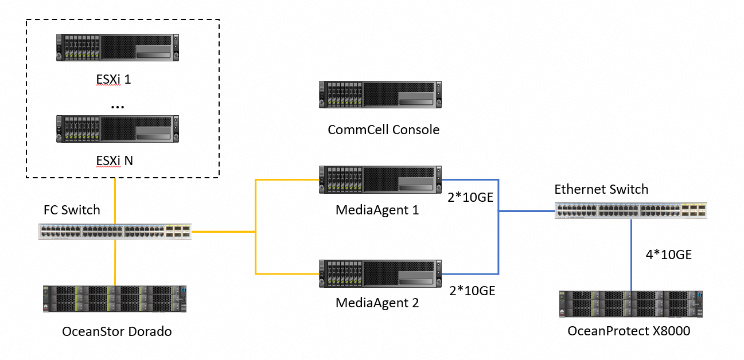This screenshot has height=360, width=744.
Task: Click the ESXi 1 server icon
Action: click(x=118, y=48)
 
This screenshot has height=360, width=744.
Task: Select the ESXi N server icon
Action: click(x=118, y=129)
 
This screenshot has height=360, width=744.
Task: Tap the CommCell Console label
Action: click(x=383, y=130)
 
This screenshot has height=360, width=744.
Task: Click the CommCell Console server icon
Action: click(x=380, y=95)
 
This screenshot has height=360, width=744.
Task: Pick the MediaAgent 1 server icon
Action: click(x=380, y=179)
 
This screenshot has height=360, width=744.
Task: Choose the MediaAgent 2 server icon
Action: click(x=380, y=274)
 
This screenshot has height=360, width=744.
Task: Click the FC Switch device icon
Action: click(x=115, y=232)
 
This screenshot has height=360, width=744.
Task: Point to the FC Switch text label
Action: click(x=72, y=210)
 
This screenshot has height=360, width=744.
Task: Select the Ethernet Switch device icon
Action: click(x=631, y=211)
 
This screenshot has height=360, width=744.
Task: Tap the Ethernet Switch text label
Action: click(x=601, y=189)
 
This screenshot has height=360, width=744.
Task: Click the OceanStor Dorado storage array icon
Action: click(x=115, y=299)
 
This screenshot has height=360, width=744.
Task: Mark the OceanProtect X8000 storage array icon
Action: click(x=631, y=304)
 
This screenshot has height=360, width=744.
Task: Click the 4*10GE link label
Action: click(x=669, y=255)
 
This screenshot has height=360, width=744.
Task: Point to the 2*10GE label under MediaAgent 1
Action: click(x=470, y=197)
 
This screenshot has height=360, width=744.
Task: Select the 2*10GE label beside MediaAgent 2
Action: click(x=472, y=291)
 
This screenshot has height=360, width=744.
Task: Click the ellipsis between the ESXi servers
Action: click(x=118, y=107)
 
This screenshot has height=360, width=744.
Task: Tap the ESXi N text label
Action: click(x=114, y=161)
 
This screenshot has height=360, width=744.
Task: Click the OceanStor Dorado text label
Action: click(x=117, y=331)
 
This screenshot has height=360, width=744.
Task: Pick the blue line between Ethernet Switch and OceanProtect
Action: click(x=631, y=255)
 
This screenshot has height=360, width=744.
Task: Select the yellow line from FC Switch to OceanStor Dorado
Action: click(x=115, y=263)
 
